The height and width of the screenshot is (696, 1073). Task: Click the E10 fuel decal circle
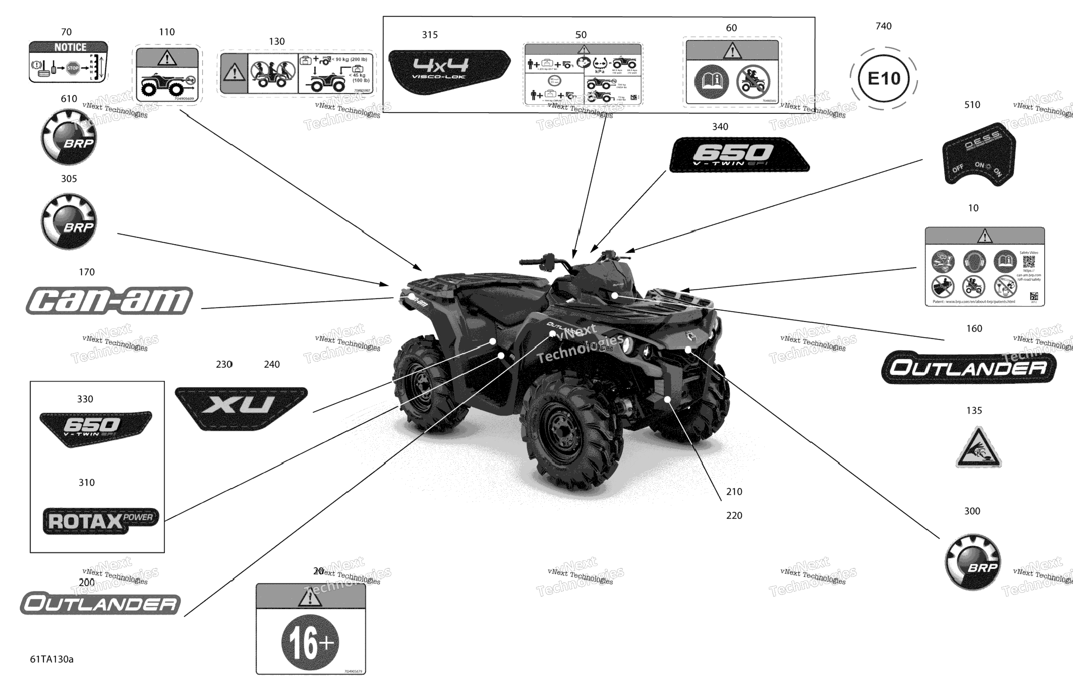tap(883, 79)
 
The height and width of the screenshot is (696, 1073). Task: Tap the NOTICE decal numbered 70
tap(68, 62)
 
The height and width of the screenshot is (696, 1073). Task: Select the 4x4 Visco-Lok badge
tap(448, 71)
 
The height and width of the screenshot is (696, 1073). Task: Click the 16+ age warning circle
tap(310, 642)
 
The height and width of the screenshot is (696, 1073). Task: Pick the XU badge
tap(241, 407)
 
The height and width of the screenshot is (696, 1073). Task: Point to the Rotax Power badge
tap(101, 521)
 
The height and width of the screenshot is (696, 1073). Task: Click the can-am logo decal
tap(109, 300)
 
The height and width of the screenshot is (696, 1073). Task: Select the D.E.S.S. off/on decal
tap(979, 153)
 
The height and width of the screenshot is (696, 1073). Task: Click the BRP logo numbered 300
tap(972, 562)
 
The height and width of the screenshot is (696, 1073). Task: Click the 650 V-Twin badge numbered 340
tap(739, 155)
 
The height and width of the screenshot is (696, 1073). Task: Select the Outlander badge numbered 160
tap(968, 368)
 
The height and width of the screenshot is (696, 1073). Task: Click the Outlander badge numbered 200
tap(100, 603)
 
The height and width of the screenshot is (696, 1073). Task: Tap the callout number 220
tap(734, 515)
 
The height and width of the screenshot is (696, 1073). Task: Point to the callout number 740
tap(883, 26)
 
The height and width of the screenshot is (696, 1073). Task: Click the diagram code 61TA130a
tap(51, 659)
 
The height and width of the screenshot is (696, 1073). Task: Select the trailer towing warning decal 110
tap(167, 75)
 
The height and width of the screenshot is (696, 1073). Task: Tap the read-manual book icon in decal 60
tap(711, 82)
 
